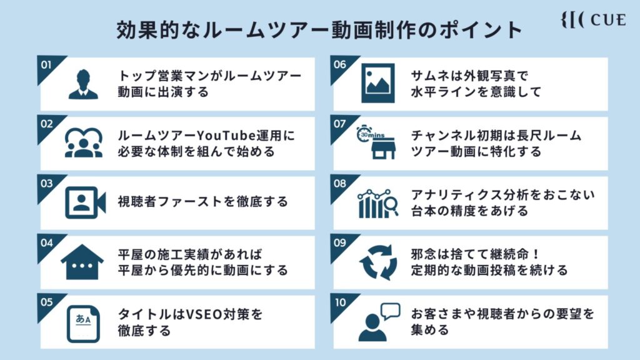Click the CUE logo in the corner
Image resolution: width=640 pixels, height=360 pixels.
(x=594, y=19)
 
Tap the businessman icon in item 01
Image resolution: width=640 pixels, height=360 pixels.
(x=83, y=84)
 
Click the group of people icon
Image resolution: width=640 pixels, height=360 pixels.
(x=83, y=142)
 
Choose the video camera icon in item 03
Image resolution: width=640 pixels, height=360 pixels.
(x=85, y=202)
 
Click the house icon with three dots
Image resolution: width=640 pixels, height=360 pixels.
(x=82, y=262)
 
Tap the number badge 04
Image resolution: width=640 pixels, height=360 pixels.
(x=46, y=243)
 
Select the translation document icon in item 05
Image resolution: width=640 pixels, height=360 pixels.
(x=83, y=324)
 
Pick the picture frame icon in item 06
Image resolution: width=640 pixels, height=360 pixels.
(x=378, y=83)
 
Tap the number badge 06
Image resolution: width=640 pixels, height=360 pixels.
(x=339, y=64)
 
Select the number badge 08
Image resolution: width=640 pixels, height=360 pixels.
(x=339, y=184)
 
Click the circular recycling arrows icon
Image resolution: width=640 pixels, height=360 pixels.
(x=378, y=262)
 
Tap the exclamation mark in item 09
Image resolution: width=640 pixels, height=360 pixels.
(x=536, y=254)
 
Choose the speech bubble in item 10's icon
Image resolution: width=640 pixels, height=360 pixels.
(x=391, y=311)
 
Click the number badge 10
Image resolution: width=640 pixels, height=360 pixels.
(x=339, y=303)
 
